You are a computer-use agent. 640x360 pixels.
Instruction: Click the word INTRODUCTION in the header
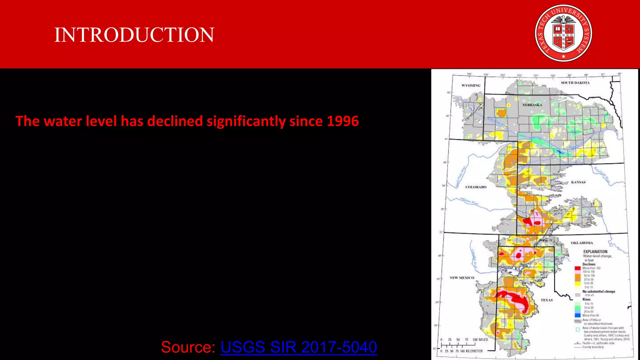tap(134, 35)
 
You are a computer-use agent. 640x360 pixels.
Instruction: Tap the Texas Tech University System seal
tap(563, 33)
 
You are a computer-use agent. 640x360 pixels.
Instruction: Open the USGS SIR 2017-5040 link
tap(298, 347)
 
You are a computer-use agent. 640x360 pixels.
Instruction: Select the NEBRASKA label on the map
tap(532, 105)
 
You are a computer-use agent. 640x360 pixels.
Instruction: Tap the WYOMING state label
tap(471, 85)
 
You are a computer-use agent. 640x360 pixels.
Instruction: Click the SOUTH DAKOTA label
tap(575, 83)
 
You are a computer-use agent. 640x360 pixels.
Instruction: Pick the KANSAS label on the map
tap(578, 182)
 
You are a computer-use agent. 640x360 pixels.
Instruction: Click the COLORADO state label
tap(476, 187)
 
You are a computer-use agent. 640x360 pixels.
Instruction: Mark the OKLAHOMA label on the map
tap(582, 243)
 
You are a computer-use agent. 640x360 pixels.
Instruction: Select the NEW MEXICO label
tap(462, 278)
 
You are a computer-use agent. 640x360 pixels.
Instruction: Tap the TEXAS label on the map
tap(547, 300)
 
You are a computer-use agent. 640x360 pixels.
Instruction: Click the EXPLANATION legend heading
tap(595, 252)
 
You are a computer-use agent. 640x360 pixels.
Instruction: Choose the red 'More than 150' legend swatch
tap(577, 268)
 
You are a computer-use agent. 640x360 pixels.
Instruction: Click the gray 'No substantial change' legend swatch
tap(577, 295)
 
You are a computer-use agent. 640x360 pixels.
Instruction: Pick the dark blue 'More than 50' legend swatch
tap(577, 315)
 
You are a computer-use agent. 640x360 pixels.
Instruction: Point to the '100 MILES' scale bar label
tap(480, 339)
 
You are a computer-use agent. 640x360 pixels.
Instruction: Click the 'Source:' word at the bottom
tap(188, 347)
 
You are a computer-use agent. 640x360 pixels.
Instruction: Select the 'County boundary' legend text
tap(593, 347)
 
